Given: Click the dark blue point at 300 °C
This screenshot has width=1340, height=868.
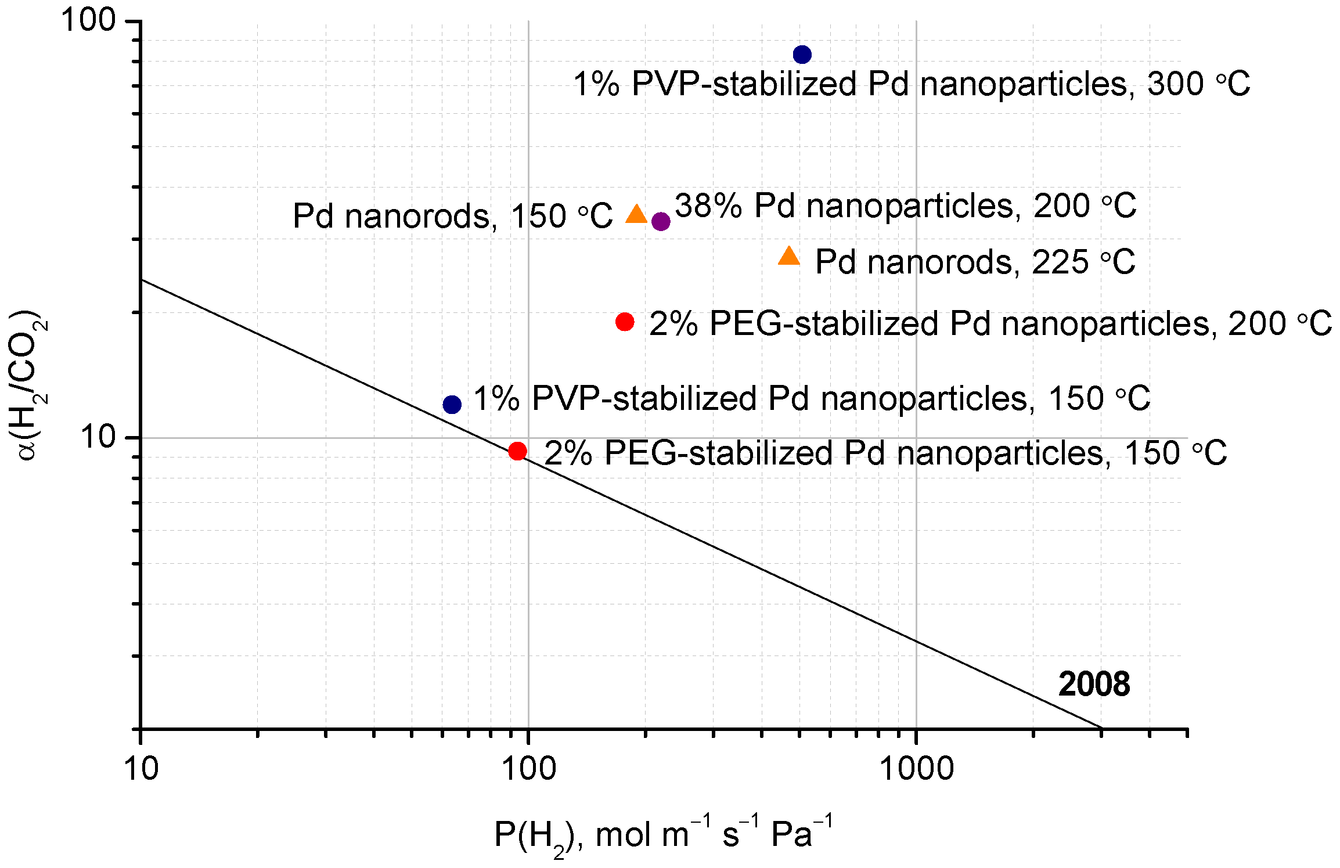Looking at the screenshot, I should coord(802,55).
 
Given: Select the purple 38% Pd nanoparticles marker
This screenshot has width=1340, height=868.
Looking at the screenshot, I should coord(661,221).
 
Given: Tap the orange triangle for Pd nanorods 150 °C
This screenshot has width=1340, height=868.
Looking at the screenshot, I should coord(636,215).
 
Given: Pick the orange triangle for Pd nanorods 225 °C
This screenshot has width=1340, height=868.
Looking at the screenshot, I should coord(788,257).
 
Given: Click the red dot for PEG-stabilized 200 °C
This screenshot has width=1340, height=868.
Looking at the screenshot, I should coord(625,322).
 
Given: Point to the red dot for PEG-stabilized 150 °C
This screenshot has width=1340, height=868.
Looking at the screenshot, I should coord(517,451).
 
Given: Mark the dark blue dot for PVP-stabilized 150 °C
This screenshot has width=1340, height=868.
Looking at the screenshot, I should coord(452,405).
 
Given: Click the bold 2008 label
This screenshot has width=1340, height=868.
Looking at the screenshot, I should coord(1094,684).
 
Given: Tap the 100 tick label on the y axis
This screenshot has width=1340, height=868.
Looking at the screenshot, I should coord(89,21).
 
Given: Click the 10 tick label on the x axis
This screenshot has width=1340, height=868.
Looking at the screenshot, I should coord(141,769).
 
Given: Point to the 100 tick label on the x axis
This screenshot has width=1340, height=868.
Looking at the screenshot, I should coord(528,769).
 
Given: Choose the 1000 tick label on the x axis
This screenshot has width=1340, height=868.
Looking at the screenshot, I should coord(916,769).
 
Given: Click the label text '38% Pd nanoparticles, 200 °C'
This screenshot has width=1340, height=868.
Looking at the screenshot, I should coord(905,206).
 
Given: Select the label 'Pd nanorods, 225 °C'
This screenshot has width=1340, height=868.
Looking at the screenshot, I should coord(975,262).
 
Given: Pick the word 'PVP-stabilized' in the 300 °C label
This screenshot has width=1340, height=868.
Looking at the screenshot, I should coord(744,84).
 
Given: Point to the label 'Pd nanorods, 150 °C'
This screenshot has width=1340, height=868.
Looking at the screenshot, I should coord(452,217).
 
